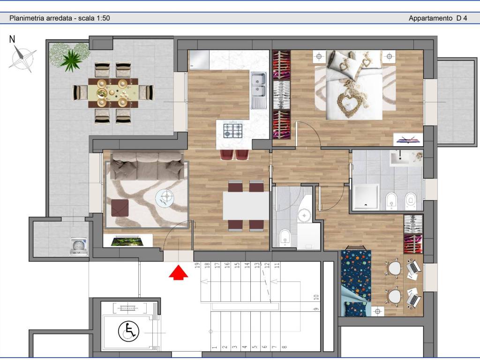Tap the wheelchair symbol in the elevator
tap(128, 331)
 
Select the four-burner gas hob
tap(233, 130)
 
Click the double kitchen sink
tap(259, 90)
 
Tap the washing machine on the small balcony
tap(79, 247)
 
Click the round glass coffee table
tap(165, 198)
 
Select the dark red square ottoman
tap(120, 208)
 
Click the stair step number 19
tap(198, 265)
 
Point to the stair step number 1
tap(215, 347)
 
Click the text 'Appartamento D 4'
tap(438, 18)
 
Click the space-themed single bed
tap(356, 283)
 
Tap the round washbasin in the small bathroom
tap(304, 215)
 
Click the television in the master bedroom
tap(408, 140)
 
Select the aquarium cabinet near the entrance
tap(128, 240)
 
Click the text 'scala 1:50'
tap(94, 18)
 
